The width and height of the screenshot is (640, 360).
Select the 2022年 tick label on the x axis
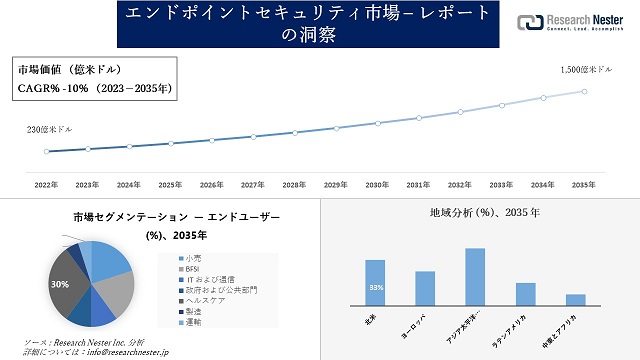(x=46, y=185)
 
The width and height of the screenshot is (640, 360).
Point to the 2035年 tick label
(x=585, y=185)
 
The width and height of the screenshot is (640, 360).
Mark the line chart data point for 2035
(x=585, y=90)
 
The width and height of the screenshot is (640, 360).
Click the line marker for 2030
(x=378, y=123)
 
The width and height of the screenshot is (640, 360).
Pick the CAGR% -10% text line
(x=94, y=88)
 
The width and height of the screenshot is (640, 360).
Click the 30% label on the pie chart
(x=61, y=284)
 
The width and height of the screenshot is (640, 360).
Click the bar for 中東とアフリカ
(x=575, y=299)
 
